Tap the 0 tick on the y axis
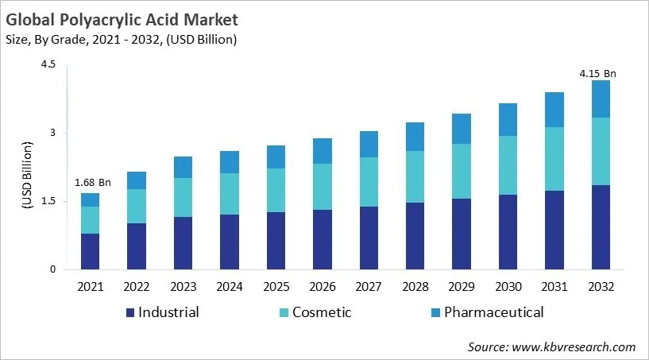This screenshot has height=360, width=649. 52,269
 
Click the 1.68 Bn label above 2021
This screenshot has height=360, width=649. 92,183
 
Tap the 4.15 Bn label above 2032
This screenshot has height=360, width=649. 597,74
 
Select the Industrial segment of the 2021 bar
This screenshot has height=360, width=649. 90,251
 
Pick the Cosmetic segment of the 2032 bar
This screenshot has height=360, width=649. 601,152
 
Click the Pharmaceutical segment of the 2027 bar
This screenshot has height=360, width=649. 369,144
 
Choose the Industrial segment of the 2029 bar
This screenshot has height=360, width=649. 462,234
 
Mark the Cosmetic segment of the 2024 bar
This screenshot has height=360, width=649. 230,194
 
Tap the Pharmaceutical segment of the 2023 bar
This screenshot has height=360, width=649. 183,167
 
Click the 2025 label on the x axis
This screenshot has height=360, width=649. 276,285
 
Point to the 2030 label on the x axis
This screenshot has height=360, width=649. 508,285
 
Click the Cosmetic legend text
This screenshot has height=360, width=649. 322,312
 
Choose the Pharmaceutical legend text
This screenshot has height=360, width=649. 493,312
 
